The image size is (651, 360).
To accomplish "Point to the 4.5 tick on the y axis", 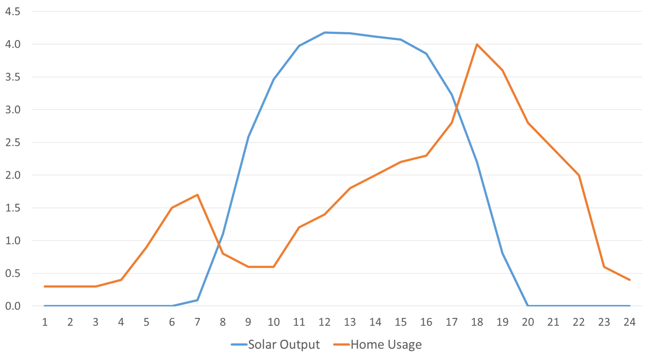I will click(13, 12).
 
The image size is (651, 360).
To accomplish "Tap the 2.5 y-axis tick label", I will click(13, 143).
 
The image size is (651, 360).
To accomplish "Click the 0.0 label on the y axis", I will click(13, 306).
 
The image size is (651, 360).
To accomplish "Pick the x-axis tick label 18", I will click(477, 322).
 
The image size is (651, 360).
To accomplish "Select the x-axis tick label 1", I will click(45, 322).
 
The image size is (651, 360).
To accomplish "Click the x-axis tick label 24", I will click(629, 322).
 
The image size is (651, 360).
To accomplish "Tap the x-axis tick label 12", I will click(324, 322).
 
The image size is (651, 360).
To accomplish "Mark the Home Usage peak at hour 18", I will click(477, 44).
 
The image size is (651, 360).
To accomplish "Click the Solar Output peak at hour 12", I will click(324, 33).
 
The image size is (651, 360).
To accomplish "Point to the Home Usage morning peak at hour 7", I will click(197, 195).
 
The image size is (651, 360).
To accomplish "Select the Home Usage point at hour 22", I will click(579, 175).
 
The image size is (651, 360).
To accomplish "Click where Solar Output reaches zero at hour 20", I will click(528, 305).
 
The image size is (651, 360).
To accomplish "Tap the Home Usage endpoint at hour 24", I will click(629, 280).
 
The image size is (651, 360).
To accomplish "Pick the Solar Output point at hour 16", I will click(426, 54).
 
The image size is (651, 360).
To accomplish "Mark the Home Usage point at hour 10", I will click(274, 267).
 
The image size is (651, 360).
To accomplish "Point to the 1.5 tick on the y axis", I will click(13, 208).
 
